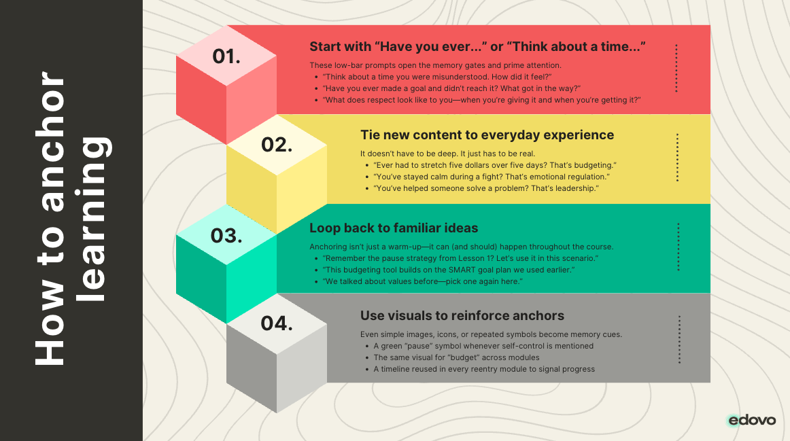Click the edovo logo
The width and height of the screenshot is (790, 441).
(752, 420)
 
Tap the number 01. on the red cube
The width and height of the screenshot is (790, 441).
(226, 56)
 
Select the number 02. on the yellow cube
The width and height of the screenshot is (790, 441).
(277, 145)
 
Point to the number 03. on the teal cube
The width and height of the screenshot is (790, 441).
(226, 236)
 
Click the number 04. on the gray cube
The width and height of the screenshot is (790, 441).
(277, 323)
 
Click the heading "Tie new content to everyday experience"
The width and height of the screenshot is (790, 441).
(487, 135)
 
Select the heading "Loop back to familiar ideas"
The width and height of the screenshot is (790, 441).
(394, 228)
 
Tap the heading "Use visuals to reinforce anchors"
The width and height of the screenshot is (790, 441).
(462, 316)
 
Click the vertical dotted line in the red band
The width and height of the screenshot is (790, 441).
(676, 69)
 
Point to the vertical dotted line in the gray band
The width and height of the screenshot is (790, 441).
(679, 339)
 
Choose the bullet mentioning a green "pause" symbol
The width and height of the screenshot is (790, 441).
(483, 346)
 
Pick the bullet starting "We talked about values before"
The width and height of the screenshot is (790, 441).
(422, 281)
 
